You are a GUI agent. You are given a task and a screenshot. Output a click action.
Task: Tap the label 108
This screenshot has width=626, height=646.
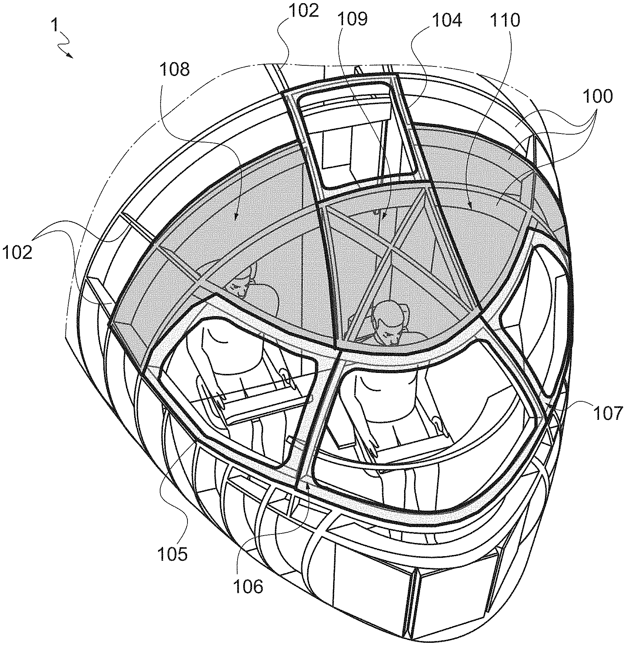pyautogui.click(x=174, y=70)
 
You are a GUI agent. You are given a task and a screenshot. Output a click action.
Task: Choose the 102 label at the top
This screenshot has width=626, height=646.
pyautogui.click(x=304, y=11)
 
